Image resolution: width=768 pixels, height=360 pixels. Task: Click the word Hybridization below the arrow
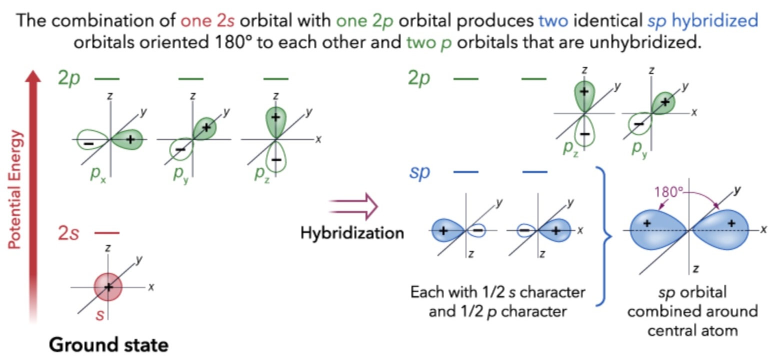coord(352,233)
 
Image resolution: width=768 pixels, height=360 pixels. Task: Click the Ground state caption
coord(108,345)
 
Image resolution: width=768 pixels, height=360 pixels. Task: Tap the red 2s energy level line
coord(107,233)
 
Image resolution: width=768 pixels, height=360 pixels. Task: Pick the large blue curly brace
coord(602,235)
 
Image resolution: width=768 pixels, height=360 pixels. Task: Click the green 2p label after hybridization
coord(419,78)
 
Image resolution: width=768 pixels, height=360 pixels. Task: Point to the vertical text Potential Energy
coord(18,189)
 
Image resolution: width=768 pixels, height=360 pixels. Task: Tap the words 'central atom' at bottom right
coord(693,330)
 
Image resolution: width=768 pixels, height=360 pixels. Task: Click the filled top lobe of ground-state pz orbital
coord(275,121)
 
